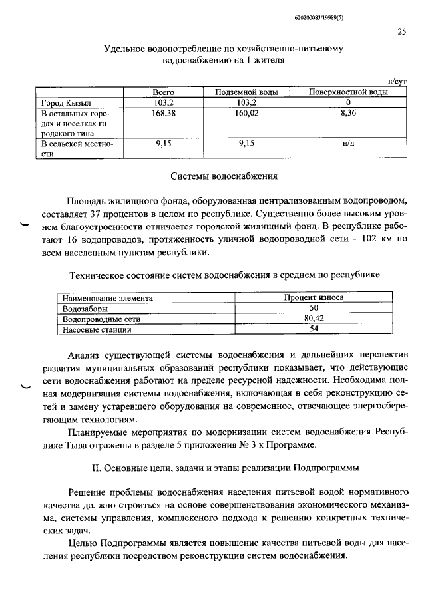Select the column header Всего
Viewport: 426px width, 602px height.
(163, 93)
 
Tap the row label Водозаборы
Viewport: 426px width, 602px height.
(85, 309)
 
